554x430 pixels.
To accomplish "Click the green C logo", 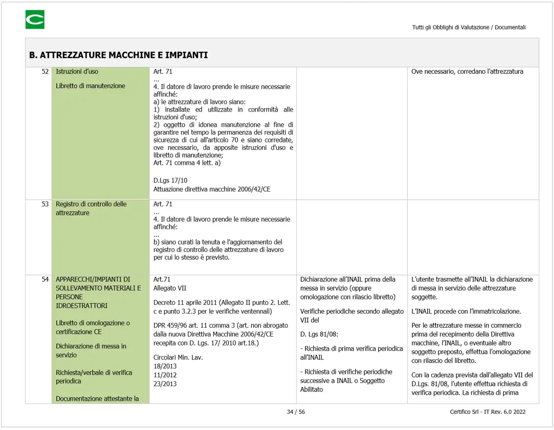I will [35, 20].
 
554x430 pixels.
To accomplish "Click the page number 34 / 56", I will [296, 412].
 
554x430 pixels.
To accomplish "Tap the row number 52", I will [45, 71].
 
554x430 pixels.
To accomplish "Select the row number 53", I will [45, 204].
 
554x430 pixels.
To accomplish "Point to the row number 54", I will [45, 279].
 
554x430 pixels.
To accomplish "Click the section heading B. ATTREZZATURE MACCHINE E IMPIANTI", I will [118, 55].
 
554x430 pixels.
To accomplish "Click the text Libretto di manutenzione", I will [90, 86].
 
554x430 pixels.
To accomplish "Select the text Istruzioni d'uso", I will [77, 71].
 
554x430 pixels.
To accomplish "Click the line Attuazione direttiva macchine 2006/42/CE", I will [212, 189].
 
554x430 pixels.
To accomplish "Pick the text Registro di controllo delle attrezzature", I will [91, 208].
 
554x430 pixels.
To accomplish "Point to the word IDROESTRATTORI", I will [82, 306].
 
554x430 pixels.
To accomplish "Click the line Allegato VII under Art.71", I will [170, 288].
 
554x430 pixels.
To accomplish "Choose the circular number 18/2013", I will [165, 366].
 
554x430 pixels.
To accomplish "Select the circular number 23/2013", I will [165, 384].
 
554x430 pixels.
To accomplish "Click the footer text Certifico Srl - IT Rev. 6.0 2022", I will [488, 412].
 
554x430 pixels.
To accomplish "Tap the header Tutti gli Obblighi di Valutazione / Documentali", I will [468, 27].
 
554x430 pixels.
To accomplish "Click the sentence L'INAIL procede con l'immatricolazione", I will [466, 312].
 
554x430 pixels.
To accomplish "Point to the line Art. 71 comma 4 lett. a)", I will [187, 163].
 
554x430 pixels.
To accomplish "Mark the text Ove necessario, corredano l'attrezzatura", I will [467, 71].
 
